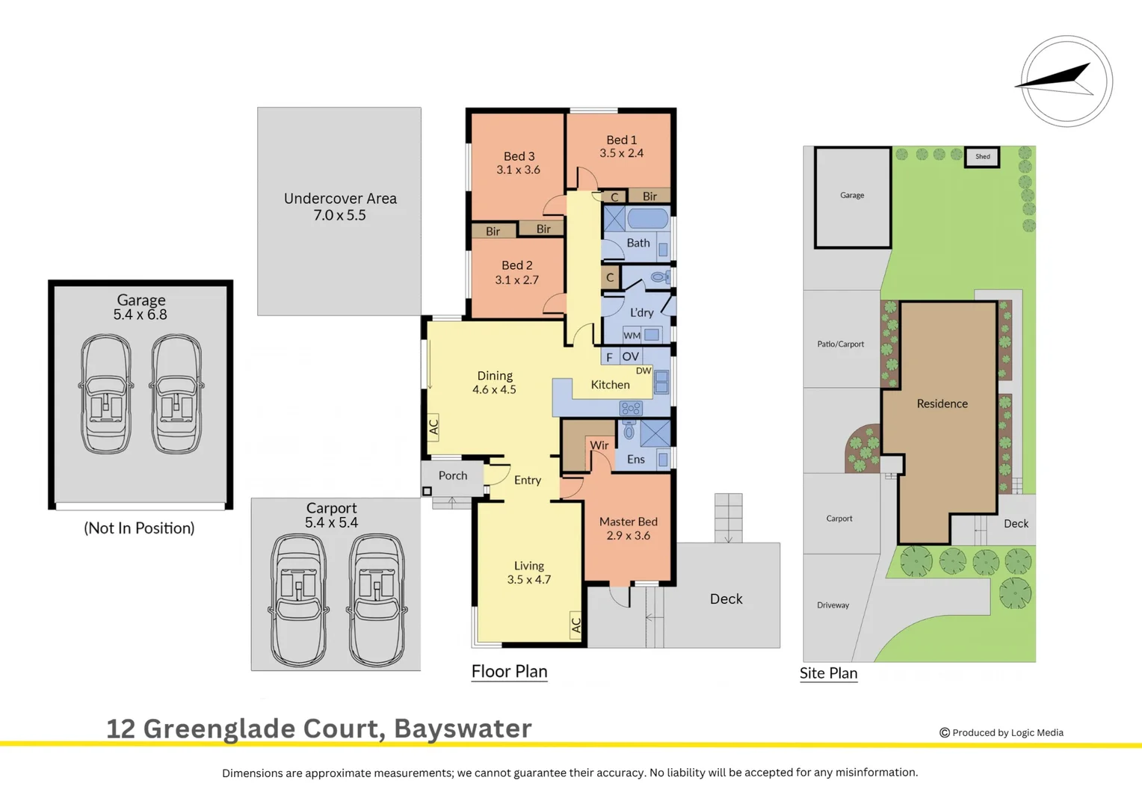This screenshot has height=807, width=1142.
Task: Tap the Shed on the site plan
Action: (x=982, y=157)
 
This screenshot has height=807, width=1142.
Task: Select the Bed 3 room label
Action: (x=519, y=156)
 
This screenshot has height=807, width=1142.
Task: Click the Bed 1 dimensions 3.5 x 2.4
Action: (x=621, y=153)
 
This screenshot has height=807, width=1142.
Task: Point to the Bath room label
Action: (x=638, y=243)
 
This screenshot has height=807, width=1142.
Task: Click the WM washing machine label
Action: (x=632, y=336)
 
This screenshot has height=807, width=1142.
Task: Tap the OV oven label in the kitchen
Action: (x=630, y=356)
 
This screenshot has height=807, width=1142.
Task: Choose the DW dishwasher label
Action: (x=643, y=371)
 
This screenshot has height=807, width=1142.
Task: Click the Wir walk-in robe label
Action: (x=599, y=445)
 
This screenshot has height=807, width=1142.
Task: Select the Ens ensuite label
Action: (x=635, y=460)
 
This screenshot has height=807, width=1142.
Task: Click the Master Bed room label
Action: (x=628, y=522)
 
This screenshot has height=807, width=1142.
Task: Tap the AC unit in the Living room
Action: (x=575, y=625)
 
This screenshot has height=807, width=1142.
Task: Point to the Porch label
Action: (x=452, y=475)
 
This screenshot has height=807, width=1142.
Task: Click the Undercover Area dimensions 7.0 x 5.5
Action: (x=339, y=215)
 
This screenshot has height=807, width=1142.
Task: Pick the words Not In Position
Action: (x=139, y=528)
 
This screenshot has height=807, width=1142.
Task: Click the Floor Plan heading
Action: (x=509, y=671)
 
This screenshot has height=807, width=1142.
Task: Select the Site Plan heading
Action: (x=828, y=673)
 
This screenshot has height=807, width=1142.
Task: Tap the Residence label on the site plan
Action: (x=942, y=403)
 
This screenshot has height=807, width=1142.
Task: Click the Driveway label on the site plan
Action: (x=833, y=605)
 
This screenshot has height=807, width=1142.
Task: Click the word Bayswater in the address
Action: (x=463, y=729)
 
